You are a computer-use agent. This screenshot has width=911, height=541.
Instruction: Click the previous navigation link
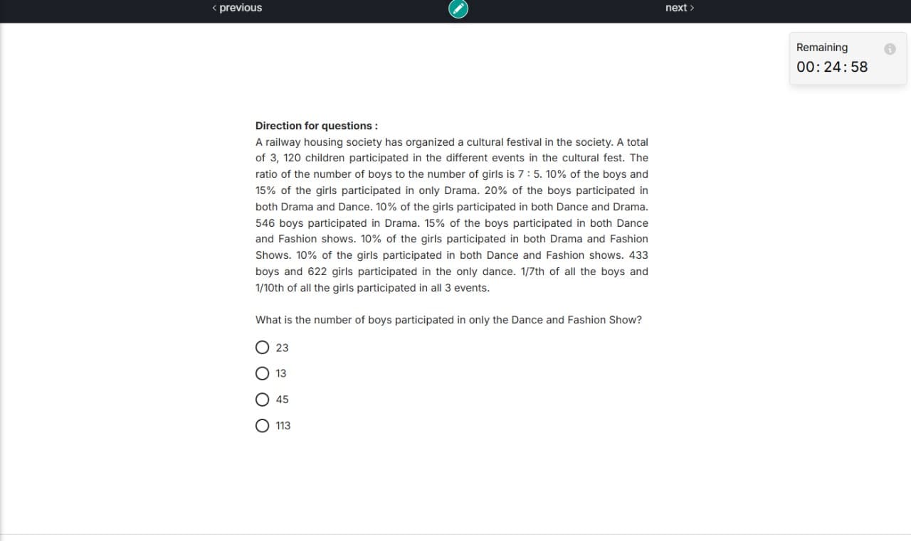click(237, 8)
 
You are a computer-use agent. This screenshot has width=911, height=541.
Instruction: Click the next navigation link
click(679, 8)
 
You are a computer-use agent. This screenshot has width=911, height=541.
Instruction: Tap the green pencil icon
click(458, 8)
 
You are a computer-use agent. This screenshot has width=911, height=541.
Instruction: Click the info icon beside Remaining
click(890, 49)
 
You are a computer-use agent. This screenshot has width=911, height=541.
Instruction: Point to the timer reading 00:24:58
click(832, 67)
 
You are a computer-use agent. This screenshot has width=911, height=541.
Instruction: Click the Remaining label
click(822, 48)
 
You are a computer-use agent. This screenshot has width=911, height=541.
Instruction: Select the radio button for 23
click(263, 348)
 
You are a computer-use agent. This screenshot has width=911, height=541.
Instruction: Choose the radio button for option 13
click(263, 373)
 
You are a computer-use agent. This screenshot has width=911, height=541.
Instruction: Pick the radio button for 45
click(263, 400)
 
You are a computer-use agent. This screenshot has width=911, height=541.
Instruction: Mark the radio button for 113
click(263, 426)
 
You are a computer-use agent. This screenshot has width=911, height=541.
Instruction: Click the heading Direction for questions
click(316, 126)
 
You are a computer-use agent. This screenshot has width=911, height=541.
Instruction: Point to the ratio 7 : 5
click(524, 174)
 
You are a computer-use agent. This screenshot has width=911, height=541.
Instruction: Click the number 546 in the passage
click(265, 223)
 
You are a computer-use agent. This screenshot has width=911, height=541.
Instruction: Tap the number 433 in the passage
click(638, 255)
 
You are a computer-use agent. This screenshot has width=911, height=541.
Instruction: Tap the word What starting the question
click(268, 320)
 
